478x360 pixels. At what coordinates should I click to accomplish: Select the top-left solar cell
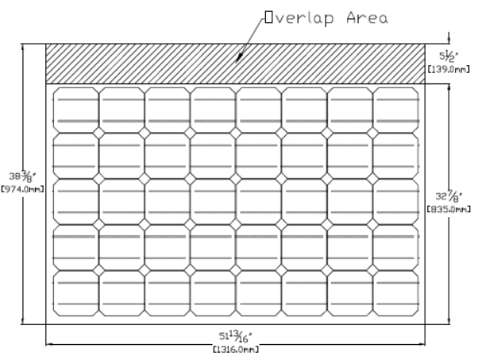point(75,110)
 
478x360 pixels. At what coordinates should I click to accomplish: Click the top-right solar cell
point(395,110)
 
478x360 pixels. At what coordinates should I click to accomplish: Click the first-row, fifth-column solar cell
point(258,110)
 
